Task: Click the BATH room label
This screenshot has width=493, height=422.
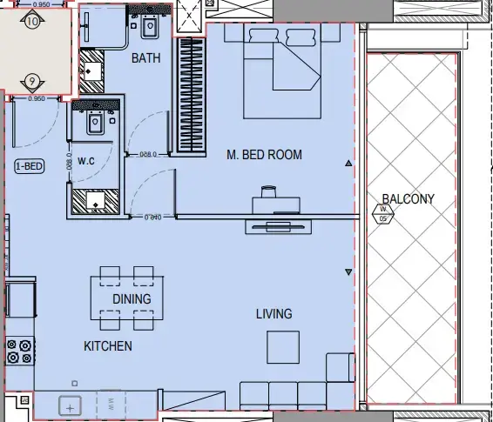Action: click(147, 58)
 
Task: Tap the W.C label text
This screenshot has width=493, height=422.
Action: click(86, 161)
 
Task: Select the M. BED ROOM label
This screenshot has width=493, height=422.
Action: click(264, 155)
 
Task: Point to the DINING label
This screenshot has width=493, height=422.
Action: click(132, 298)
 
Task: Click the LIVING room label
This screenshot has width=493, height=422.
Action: click(274, 313)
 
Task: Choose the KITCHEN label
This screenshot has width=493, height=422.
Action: click(108, 346)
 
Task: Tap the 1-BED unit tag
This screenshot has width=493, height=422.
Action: click(29, 166)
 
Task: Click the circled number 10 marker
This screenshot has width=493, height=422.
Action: click(33, 23)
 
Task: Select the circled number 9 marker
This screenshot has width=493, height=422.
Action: click(32, 81)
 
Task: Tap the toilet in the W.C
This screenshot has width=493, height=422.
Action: click(94, 125)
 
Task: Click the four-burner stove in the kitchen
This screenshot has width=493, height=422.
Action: click(19, 352)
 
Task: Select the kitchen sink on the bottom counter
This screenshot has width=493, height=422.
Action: click(70, 405)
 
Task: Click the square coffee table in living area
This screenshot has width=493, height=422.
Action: click(284, 348)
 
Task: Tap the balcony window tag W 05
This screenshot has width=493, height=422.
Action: click(382, 214)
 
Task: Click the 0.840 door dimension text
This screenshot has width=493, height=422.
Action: click(153, 217)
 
